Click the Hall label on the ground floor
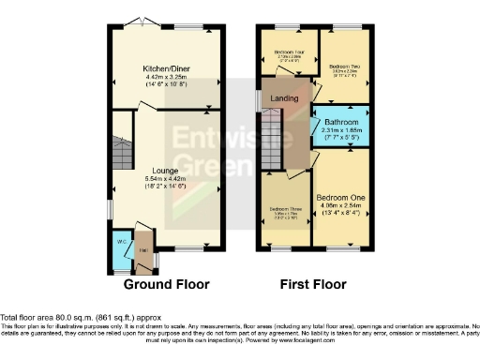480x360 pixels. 142,249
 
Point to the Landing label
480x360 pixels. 284,98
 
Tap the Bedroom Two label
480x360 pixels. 345,67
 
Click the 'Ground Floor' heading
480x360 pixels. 166,284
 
